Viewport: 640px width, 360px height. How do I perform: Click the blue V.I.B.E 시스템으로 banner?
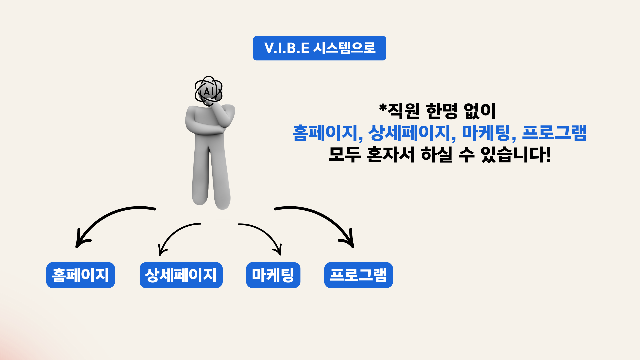(319, 48)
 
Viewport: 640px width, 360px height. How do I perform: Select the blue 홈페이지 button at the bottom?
(81, 275)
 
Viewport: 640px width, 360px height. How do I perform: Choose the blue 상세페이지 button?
(181, 275)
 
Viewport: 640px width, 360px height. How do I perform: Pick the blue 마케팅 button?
(273, 275)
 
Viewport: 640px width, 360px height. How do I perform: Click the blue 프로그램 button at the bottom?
(358, 275)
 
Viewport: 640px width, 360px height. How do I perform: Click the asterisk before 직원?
(383, 108)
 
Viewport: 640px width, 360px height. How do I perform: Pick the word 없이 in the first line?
(480, 111)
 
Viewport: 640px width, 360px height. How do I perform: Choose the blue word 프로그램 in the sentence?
(554, 133)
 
